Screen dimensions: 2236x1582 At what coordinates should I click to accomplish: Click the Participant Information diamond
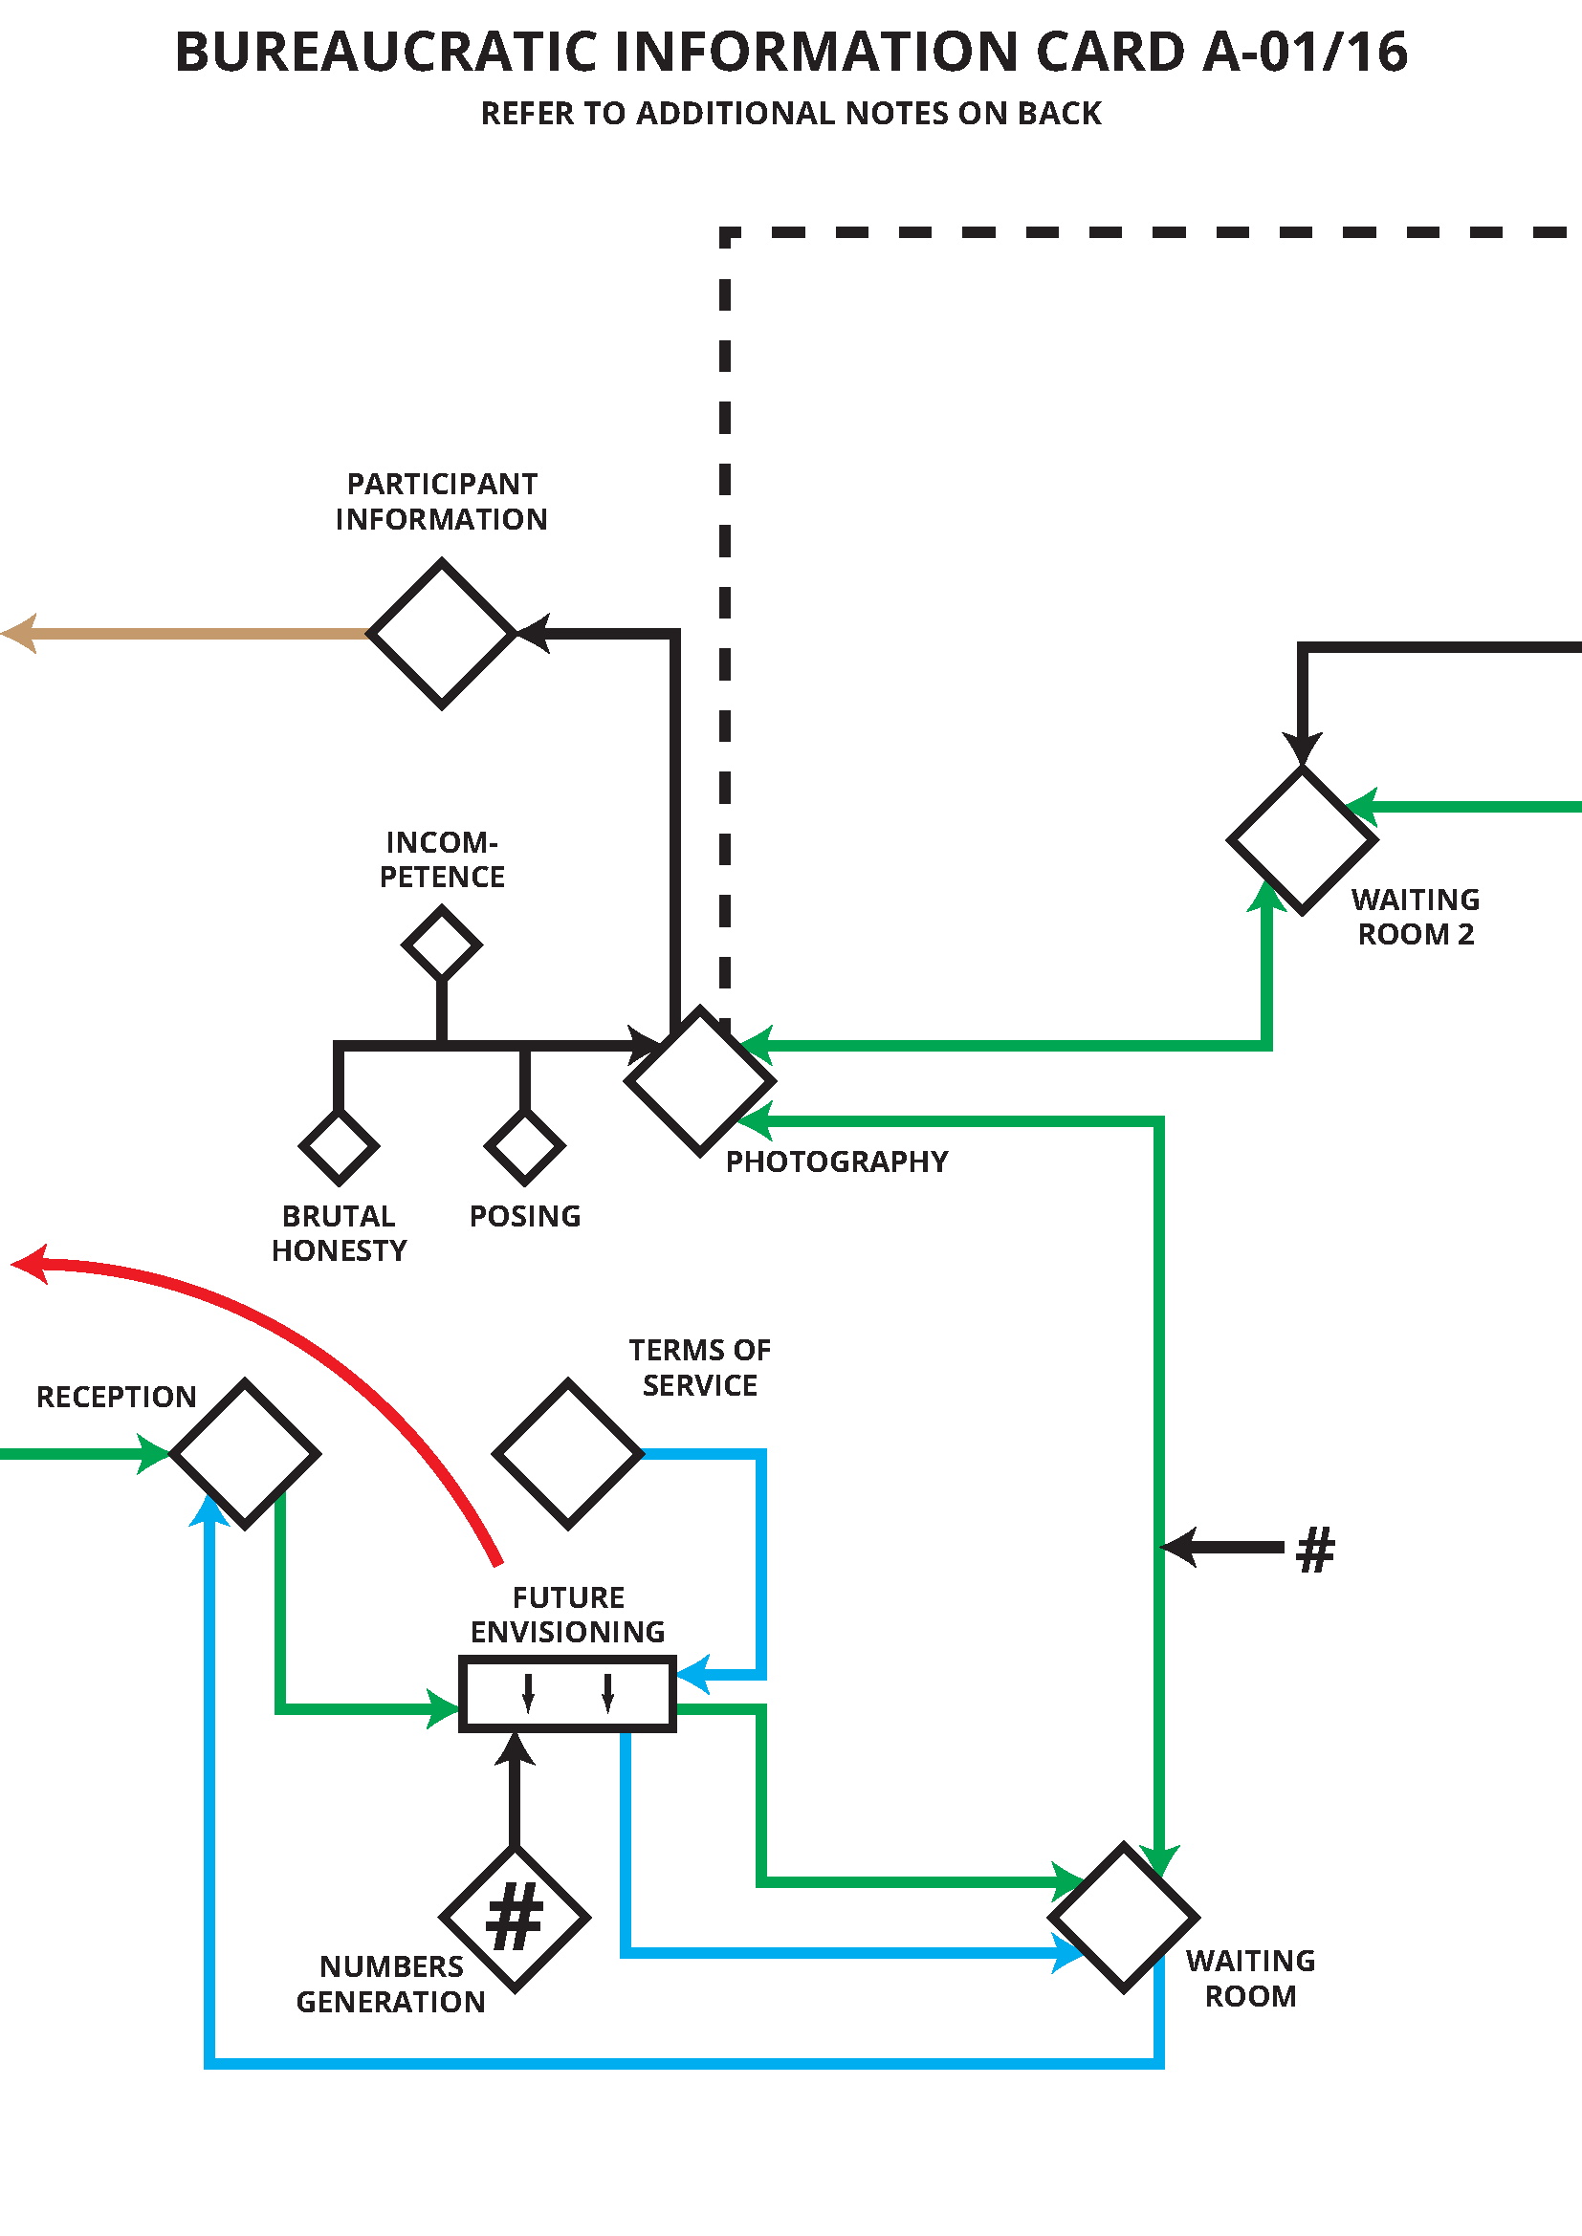tap(441, 633)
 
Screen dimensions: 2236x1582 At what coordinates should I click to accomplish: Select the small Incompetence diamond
tap(441, 943)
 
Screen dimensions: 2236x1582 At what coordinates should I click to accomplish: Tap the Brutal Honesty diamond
tap(338, 1147)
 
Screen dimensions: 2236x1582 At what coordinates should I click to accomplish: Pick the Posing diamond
tap(524, 1147)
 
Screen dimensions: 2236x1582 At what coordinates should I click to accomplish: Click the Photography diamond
tap(699, 1081)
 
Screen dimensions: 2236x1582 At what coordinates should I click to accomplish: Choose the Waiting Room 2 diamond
tap(1302, 839)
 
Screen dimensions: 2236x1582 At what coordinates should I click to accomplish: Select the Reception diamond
tap(245, 1454)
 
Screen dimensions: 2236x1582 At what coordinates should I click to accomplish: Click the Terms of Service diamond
tap(568, 1454)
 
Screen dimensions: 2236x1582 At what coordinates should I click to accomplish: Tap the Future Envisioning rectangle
tap(567, 1694)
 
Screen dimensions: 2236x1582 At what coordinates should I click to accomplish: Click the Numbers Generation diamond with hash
tap(515, 1918)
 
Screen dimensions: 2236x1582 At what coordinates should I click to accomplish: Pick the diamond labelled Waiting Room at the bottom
tap(1123, 1918)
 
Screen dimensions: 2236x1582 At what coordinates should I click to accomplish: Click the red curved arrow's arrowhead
tap(30, 1265)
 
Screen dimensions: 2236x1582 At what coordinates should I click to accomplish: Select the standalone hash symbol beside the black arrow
tap(1315, 1550)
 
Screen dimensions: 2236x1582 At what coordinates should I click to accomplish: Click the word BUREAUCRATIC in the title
tap(385, 52)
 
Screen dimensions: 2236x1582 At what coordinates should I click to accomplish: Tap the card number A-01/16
tap(1306, 52)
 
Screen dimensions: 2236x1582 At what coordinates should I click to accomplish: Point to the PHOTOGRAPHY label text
tap(837, 1161)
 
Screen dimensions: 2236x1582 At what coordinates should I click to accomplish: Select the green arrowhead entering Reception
tap(154, 1454)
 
